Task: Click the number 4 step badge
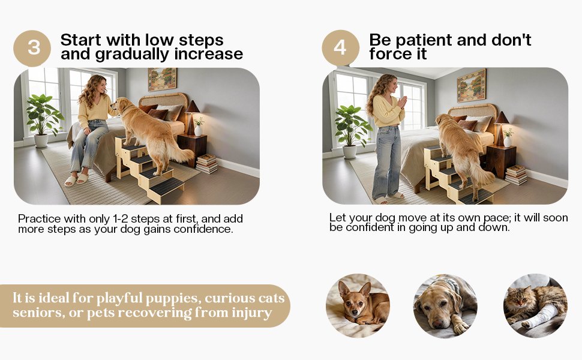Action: (x=340, y=47)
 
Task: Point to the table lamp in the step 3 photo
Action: (x=191, y=115)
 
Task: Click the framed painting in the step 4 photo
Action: (x=471, y=85)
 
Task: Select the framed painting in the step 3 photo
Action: (x=162, y=78)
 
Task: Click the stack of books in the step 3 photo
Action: (x=207, y=163)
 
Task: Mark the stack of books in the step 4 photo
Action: (x=516, y=175)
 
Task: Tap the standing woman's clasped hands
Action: (x=401, y=101)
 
